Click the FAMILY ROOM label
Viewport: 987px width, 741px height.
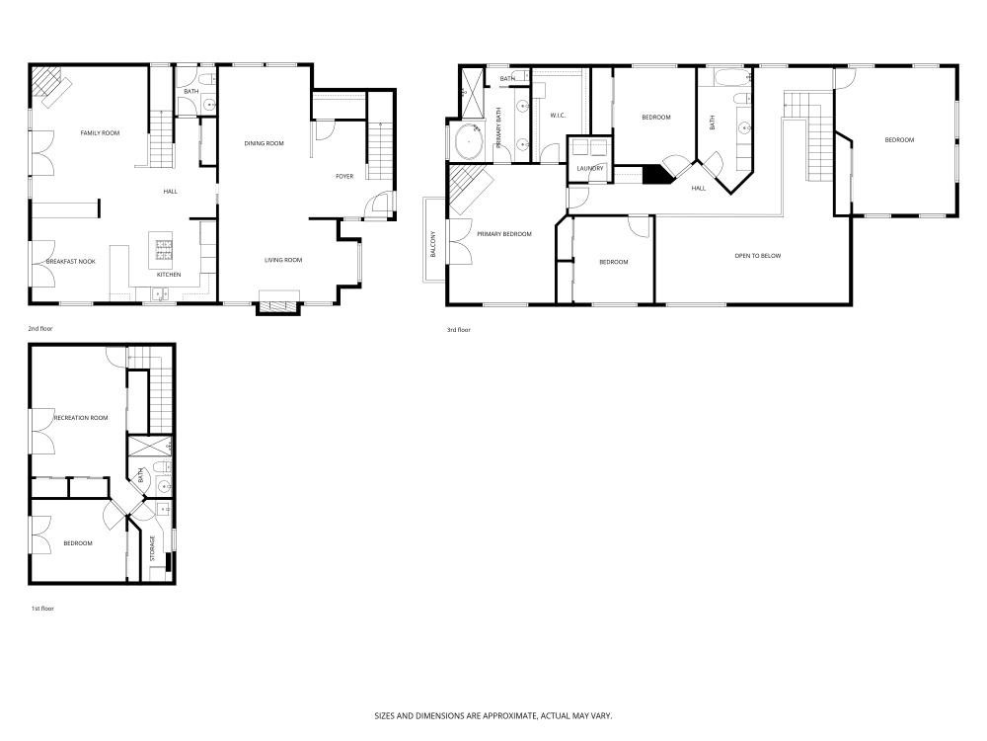click(100, 132)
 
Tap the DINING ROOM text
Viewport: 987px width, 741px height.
click(265, 143)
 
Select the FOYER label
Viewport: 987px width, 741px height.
click(344, 176)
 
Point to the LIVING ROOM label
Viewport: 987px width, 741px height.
click(283, 260)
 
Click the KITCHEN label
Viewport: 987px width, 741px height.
click(169, 274)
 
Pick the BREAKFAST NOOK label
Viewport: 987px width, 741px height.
click(71, 261)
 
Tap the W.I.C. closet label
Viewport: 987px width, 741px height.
click(558, 116)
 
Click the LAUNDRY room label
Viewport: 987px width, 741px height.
click(590, 168)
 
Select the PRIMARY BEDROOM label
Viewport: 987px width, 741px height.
click(504, 234)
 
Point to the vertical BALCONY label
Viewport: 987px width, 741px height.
click(433, 244)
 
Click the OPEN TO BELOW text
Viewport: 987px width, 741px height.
click(758, 256)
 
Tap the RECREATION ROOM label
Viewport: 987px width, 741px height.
click(74, 418)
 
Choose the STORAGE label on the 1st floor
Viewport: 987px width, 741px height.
click(152, 548)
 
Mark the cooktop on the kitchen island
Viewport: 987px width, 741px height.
click(161, 244)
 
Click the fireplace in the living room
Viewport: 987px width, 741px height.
click(276, 304)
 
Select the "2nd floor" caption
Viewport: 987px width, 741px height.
click(40, 327)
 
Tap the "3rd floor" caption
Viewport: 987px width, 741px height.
click(458, 329)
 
